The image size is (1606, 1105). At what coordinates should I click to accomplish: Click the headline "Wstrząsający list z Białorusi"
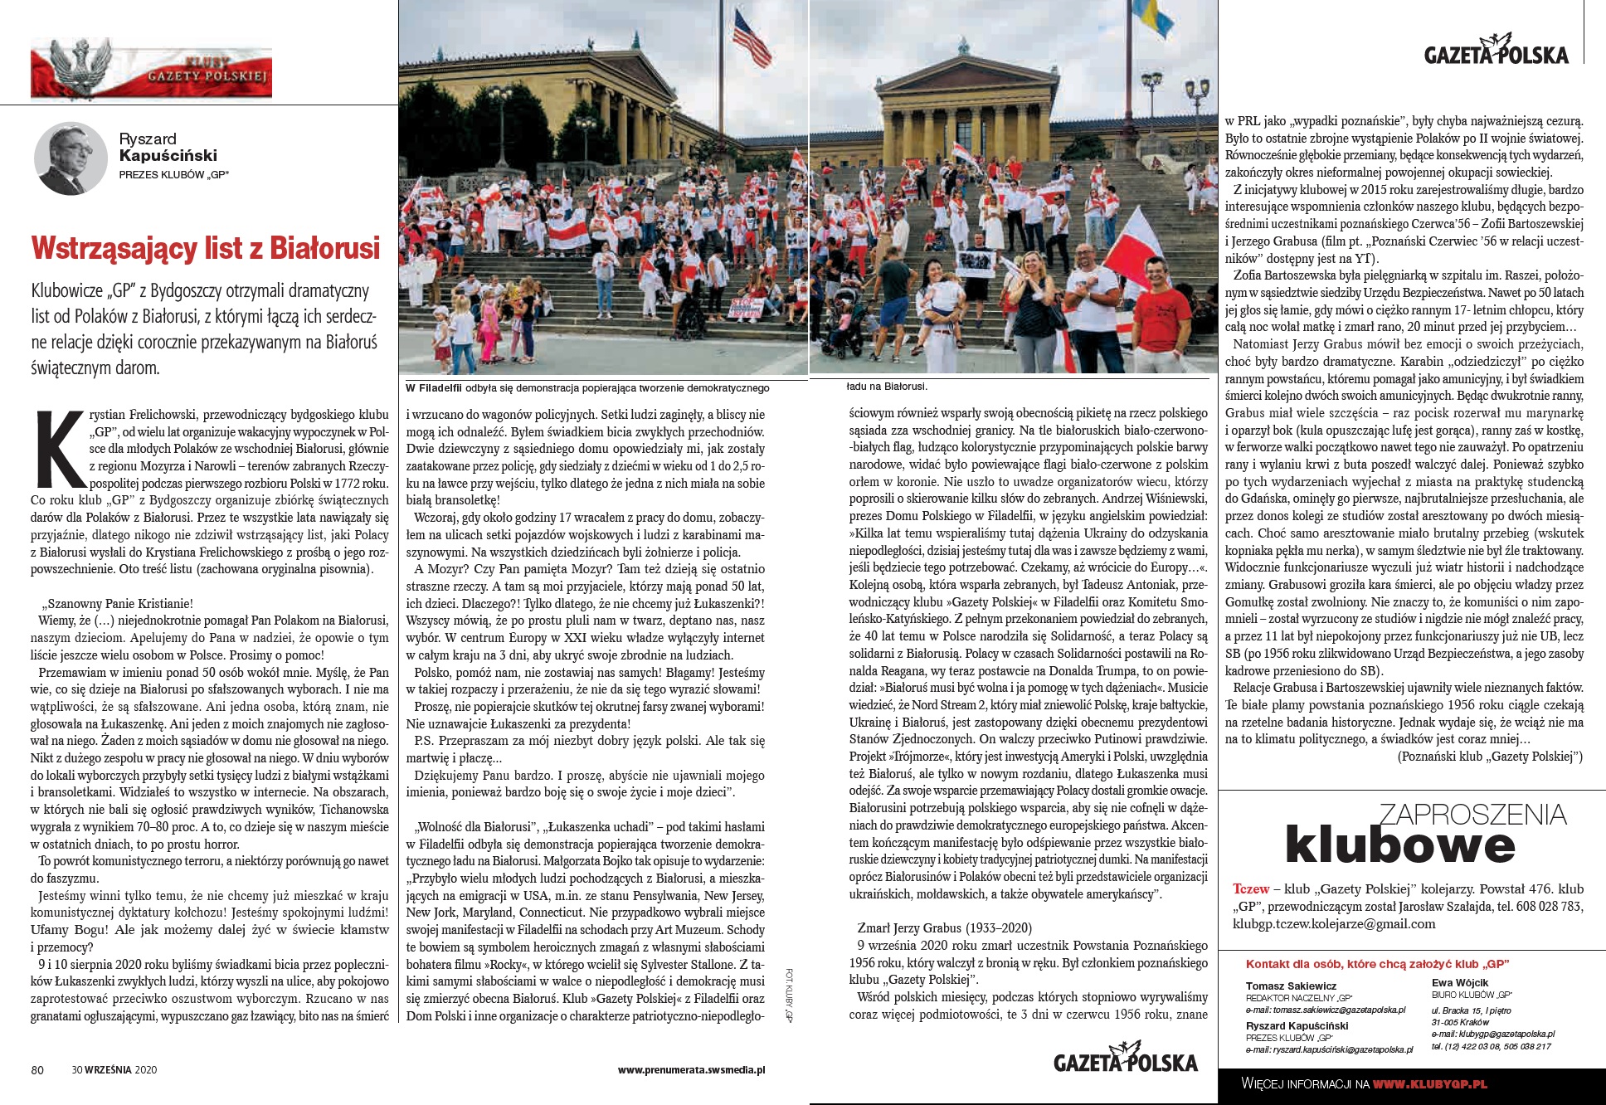[x=205, y=248]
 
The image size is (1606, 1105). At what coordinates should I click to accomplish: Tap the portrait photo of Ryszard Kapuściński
[x=70, y=158]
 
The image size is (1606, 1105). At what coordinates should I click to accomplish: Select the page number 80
[x=37, y=1069]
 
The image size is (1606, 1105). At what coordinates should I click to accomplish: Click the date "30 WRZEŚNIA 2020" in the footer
[x=114, y=1069]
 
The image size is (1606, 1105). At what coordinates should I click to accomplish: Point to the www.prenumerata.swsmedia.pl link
[x=691, y=1069]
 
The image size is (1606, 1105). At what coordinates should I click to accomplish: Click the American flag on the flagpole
[x=751, y=37]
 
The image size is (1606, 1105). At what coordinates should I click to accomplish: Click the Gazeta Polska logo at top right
[x=1496, y=51]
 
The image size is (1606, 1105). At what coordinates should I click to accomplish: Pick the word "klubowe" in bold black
[x=1399, y=845]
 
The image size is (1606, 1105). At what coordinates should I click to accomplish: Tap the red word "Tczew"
[x=1250, y=888]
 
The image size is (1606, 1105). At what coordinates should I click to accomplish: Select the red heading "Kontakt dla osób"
[x=1377, y=964]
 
